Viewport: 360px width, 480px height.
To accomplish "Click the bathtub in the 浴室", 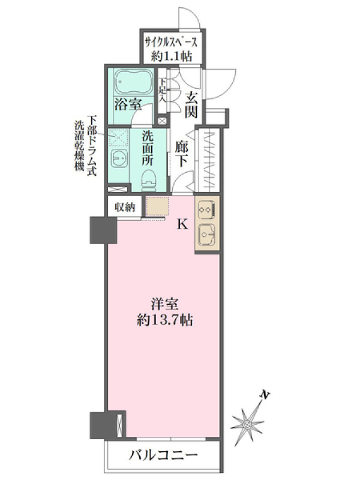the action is (133, 82).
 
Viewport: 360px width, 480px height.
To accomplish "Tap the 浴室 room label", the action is (128, 105).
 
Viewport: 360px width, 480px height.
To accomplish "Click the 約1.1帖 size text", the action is (172, 56).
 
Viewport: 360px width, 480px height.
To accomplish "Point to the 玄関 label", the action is (191, 106).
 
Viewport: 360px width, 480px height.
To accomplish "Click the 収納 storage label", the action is (125, 208).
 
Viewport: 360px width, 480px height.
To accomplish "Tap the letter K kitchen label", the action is (183, 225).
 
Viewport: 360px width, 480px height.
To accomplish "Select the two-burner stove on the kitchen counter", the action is (207, 209).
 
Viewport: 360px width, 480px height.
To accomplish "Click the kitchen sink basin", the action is (207, 235).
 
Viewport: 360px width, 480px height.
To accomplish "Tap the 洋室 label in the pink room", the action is (164, 304).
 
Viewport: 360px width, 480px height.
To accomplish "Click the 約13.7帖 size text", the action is (164, 320).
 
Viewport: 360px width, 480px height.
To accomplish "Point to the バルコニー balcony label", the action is (163, 456).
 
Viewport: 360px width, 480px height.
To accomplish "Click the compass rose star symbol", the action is (247, 425).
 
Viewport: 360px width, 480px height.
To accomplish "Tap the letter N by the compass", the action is (265, 395).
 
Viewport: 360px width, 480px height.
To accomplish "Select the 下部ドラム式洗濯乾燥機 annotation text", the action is (86, 145).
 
